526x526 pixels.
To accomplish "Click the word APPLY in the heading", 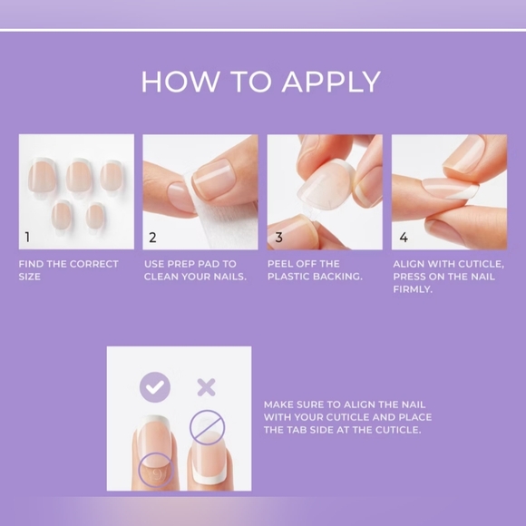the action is click(331, 82).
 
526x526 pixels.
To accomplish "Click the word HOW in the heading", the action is click(180, 82).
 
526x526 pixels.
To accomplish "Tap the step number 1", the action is click(27, 238).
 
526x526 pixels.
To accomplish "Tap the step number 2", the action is click(152, 238).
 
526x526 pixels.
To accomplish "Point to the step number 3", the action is click(278, 238).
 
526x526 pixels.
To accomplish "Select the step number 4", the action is click(404, 238).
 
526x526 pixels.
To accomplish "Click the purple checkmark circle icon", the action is click(155, 387).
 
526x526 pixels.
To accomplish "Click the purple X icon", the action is click(206, 387).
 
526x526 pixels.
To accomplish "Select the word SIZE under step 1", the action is click(30, 277).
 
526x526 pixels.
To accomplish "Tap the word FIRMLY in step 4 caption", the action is click(413, 289).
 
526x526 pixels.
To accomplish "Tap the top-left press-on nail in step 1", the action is click(43, 175).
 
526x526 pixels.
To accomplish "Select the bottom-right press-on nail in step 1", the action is click(95, 217).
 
